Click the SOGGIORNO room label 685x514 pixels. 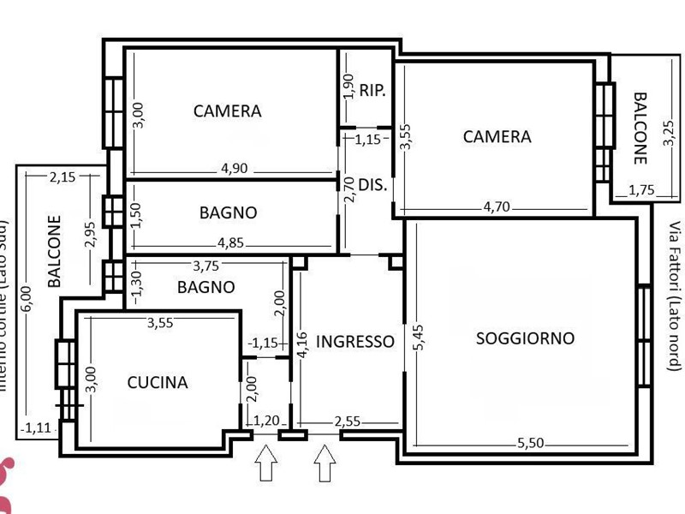[x=525, y=338]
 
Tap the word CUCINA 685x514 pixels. [x=158, y=383]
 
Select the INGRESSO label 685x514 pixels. [x=355, y=342]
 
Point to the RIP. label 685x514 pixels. [x=372, y=89]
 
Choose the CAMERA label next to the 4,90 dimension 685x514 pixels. [x=227, y=111]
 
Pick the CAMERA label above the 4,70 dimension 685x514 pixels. [x=497, y=136]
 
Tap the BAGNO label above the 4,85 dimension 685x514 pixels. [x=228, y=212]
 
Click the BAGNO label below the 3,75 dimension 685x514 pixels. [x=205, y=287]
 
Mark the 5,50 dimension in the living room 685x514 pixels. [x=532, y=444]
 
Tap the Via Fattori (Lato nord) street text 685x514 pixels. [x=675, y=296]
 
